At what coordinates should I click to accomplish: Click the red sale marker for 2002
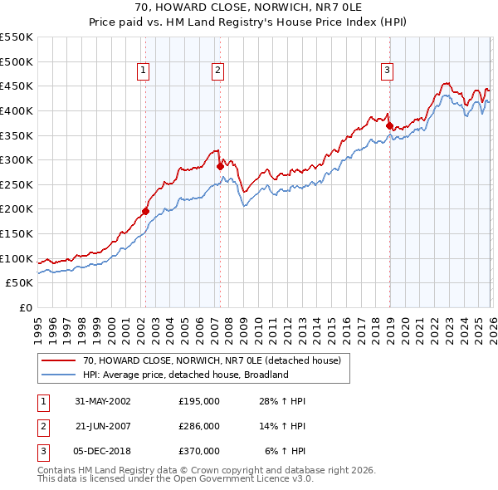[x=145, y=211]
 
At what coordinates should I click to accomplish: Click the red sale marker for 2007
[x=220, y=166]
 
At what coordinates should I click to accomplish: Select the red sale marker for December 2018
[x=389, y=125]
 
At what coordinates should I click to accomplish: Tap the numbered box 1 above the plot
[x=144, y=71]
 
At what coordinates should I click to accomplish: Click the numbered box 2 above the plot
[x=217, y=71]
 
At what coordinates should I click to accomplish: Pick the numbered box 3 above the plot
[x=387, y=71]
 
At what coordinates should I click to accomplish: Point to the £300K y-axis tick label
[x=17, y=159]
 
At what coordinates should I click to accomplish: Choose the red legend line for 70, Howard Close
[x=58, y=361]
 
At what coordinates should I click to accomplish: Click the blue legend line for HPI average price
[x=58, y=375]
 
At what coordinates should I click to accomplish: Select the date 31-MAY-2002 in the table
[x=103, y=401]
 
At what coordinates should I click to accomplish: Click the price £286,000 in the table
[x=199, y=426]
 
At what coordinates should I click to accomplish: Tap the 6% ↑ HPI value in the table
[x=285, y=451]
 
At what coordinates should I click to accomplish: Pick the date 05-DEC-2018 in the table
[x=103, y=451]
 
